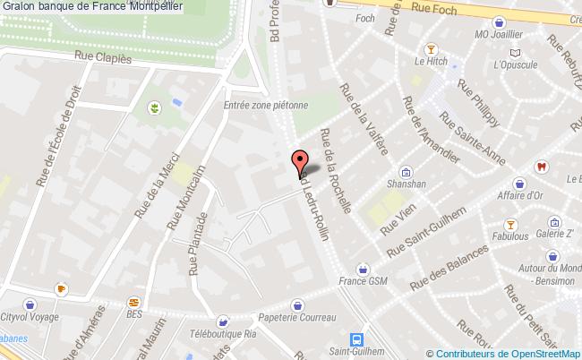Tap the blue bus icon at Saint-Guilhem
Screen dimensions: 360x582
coord(356,339)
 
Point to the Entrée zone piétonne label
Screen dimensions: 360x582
coord(265,104)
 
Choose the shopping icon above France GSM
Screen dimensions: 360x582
coord(363,267)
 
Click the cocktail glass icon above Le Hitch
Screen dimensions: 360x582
coord(431,47)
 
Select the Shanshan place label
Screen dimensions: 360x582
coord(406,187)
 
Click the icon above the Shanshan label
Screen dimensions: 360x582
coord(406,172)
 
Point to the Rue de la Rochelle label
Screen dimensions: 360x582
coord(336,170)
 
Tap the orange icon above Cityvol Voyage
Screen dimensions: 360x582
coord(61,289)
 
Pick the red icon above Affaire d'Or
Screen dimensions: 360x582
coord(540,167)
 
